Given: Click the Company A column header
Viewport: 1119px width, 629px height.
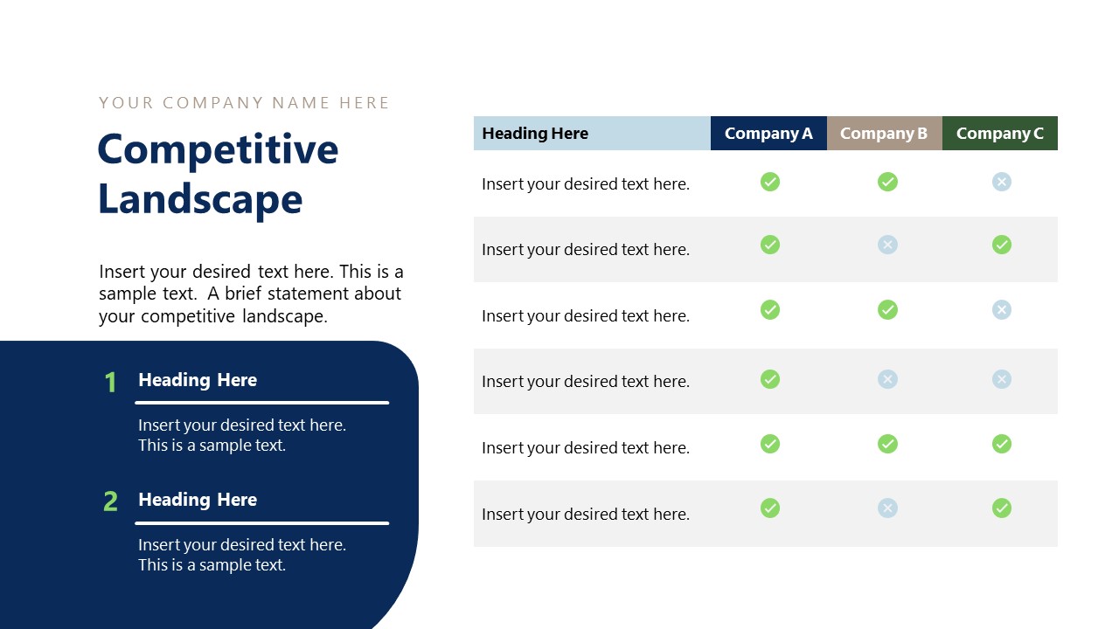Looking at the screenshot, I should click(768, 134).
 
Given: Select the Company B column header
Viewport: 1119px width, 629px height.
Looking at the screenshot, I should click(884, 134).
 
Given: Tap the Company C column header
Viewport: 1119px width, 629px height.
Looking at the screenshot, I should click(1000, 134).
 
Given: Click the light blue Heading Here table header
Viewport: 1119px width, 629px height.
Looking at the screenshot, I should click(535, 134).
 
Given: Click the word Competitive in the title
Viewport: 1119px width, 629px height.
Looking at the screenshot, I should click(218, 149).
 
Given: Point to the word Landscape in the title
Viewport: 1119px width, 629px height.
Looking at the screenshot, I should click(200, 199).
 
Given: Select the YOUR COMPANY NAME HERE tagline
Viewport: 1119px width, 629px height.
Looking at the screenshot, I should click(244, 103).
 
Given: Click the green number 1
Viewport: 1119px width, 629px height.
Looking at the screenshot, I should click(110, 382).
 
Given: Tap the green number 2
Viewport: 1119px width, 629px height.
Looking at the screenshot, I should click(110, 501).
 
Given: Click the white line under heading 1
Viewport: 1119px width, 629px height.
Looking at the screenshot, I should click(261, 403).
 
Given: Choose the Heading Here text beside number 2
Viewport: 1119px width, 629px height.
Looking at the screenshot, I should click(198, 500).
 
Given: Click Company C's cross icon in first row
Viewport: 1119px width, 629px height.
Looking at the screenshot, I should click(1002, 182).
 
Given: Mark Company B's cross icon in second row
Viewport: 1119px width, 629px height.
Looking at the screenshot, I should click(887, 245).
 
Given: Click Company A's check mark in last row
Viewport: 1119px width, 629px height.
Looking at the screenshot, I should click(770, 508).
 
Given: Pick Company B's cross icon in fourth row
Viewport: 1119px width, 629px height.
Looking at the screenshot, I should click(887, 378).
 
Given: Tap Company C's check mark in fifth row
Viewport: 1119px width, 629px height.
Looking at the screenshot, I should click(1002, 444).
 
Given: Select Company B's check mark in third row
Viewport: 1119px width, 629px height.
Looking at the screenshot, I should click(887, 309).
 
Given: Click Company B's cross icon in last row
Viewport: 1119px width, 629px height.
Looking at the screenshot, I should click(887, 508).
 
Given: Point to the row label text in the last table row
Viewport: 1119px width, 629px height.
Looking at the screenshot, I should click(586, 515).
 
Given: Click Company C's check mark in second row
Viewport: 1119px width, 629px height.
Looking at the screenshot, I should click(1002, 245).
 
